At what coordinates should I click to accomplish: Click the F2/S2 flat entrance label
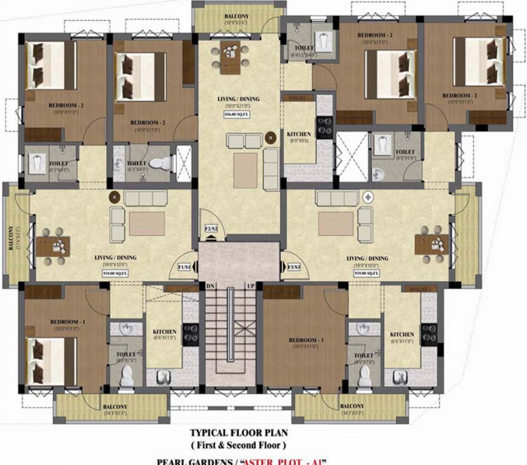[x=210, y=229]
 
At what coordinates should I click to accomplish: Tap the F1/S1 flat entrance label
[x=184, y=267]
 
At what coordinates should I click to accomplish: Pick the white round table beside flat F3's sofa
[x=368, y=197]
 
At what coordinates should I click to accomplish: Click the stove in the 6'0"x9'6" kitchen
[x=324, y=127]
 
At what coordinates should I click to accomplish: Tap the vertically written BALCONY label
[x=12, y=238]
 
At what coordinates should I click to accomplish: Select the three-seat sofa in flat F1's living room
[x=146, y=198]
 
